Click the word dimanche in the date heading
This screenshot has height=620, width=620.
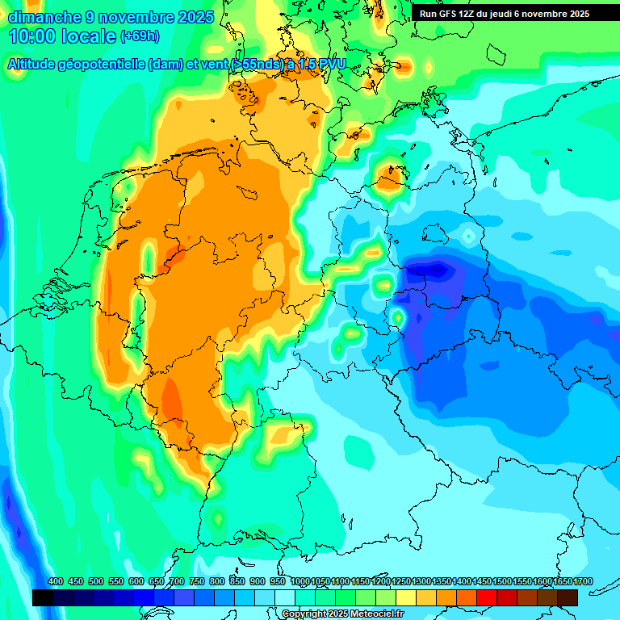[44, 17]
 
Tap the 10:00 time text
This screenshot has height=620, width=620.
[32, 36]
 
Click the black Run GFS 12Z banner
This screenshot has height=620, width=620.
[514, 14]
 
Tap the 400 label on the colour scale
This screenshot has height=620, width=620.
[56, 582]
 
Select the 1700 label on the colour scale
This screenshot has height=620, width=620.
[570, 582]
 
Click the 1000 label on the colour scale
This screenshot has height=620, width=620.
[300, 582]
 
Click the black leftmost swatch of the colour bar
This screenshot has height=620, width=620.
[43, 597]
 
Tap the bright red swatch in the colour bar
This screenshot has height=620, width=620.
[487, 597]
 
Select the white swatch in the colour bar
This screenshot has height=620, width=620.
[285, 597]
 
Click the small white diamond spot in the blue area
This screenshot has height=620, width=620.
[468, 236]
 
